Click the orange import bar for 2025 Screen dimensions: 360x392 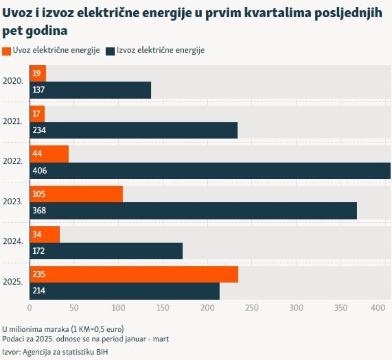pos(134,274)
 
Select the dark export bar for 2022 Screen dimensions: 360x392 pos(210,170)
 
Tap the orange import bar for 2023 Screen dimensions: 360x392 pos(76,194)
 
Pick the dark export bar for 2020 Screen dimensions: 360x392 pos(91,90)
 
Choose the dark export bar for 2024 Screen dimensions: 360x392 pos(106,251)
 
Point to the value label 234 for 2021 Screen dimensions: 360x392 pos(39,130)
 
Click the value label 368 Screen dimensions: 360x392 pos(39,211)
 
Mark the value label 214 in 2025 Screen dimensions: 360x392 pos(39,291)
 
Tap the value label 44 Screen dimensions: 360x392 pos(37,154)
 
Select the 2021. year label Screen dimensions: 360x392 pos(13,121)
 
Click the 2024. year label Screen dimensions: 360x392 pos(13,242)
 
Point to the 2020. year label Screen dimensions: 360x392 pos(13,81)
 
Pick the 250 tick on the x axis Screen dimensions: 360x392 pos(251,308)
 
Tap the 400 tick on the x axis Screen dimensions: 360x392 pos(377,308)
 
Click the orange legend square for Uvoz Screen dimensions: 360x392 pos(6,50)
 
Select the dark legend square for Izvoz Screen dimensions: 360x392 pos(110,50)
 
